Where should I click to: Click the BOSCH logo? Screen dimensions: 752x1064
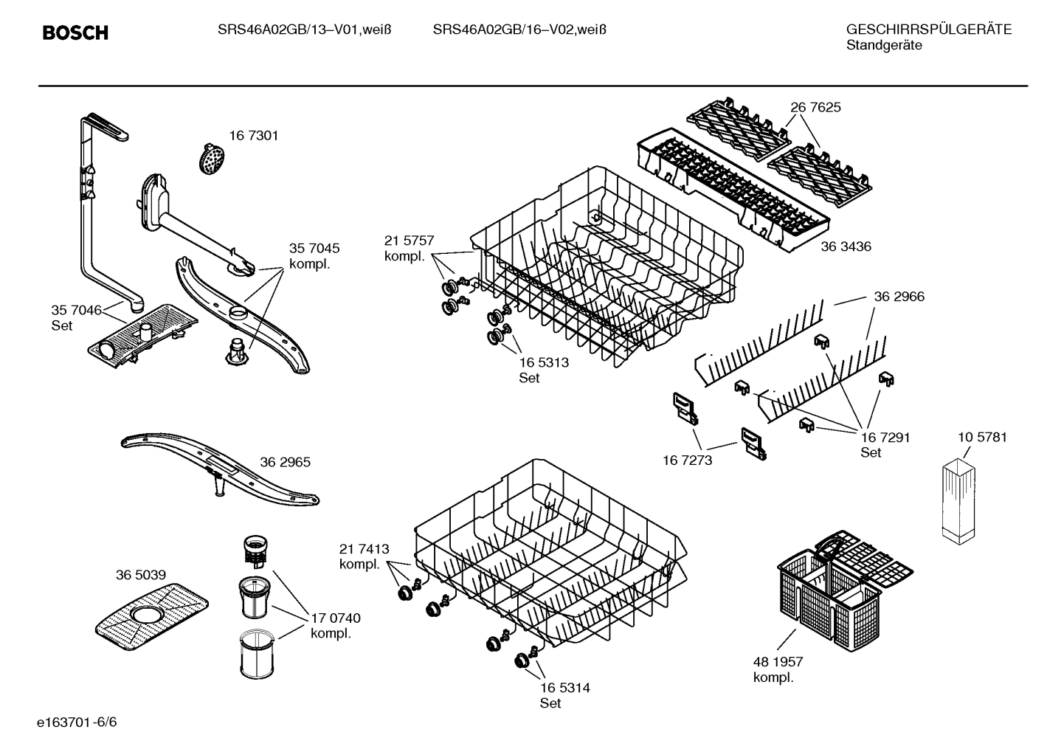point(75,32)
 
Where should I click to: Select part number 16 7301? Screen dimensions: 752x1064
point(253,136)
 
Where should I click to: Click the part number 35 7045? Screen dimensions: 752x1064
point(314,249)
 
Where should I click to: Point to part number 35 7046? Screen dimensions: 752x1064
point(76,310)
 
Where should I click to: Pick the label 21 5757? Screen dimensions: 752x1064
point(409,241)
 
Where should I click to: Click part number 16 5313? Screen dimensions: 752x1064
point(544,362)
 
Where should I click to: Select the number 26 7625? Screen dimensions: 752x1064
point(815,108)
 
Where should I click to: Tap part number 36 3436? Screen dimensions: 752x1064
point(846,246)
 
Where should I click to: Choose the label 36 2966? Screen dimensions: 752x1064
point(899,297)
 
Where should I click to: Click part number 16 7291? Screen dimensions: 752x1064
point(885,437)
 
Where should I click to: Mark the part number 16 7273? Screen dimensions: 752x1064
point(687,460)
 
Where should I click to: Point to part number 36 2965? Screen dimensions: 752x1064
point(285,463)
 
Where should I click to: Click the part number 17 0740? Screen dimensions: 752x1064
point(336,618)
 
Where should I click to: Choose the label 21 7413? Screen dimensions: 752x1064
point(364,549)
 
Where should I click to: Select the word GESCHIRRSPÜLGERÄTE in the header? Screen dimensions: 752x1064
point(928,30)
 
